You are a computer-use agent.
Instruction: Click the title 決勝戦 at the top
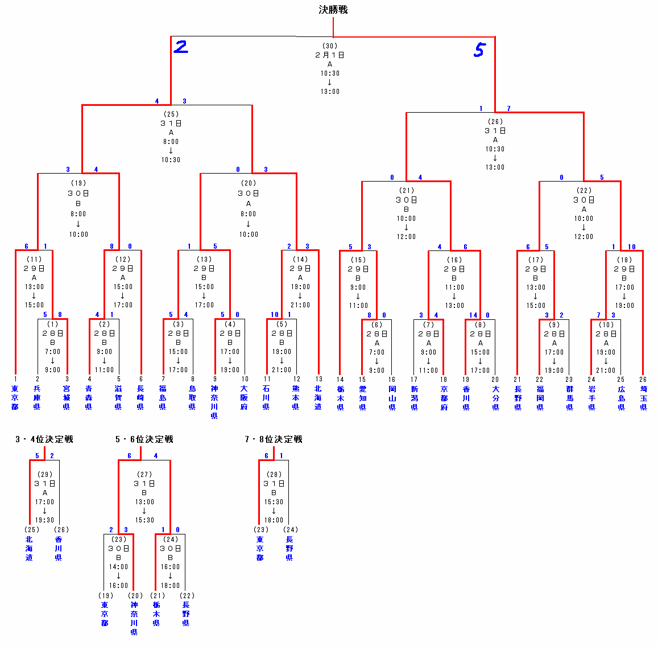coord(333,10)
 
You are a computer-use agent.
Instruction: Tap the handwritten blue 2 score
coord(181,47)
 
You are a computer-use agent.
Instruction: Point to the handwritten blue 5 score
coord(479,50)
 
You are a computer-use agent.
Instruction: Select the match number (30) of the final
coord(330,46)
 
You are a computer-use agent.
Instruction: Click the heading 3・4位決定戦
coord(44,439)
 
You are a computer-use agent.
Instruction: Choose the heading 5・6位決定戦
coord(144,439)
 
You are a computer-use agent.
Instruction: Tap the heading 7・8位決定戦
coord(274,439)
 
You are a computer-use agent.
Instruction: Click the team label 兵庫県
coord(38,398)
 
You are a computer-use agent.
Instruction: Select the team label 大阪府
coord(245,398)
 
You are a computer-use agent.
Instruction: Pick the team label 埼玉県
coord(643,398)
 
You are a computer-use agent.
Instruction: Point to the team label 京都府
coord(444,398)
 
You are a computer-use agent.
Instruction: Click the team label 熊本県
coord(296,398)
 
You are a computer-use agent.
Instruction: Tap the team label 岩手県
coord(591,398)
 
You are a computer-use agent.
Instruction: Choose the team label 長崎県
coord(141,398)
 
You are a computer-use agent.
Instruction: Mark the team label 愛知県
coord(362,398)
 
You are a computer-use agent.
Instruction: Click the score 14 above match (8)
coord(473,315)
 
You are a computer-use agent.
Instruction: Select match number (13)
coord(204,260)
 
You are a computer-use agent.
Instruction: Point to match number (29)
coord(44,475)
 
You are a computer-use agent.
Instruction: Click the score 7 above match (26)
coord(508,109)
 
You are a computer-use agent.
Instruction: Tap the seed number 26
coord(643,379)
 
